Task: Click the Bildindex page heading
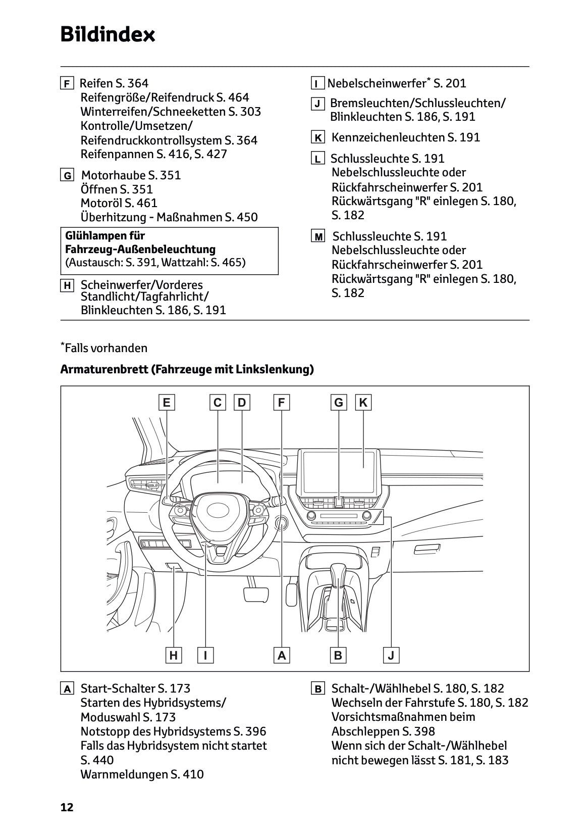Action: (x=108, y=35)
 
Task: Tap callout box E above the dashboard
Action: (x=166, y=403)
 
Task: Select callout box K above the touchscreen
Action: (x=363, y=403)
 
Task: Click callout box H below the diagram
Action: (x=174, y=656)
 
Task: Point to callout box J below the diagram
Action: (x=391, y=656)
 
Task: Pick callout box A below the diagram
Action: (x=282, y=656)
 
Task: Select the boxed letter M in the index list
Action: (x=318, y=236)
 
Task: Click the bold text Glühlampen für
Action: (x=105, y=235)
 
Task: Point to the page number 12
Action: (x=67, y=807)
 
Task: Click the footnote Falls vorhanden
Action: (x=106, y=348)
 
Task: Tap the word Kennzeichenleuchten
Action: (x=388, y=137)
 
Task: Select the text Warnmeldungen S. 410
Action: (x=142, y=774)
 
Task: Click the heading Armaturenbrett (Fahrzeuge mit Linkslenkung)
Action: (x=187, y=369)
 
